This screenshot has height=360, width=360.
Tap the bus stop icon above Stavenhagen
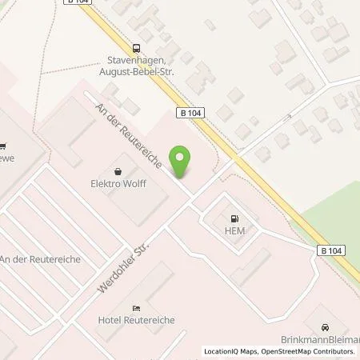pyautogui.click(x=137, y=48)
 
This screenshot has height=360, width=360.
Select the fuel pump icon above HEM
pyautogui.click(x=234, y=218)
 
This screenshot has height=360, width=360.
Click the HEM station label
pyautogui.click(x=234, y=232)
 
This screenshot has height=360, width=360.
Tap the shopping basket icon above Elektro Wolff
pyautogui.click(x=119, y=170)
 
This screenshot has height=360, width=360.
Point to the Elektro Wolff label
pyautogui.click(x=119, y=184)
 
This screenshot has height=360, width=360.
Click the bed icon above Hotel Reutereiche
pyautogui.click(x=136, y=307)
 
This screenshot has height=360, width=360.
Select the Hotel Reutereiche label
pyautogui.click(x=136, y=321)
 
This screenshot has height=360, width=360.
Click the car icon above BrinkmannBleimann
pyautogui.click(x=325, y=327)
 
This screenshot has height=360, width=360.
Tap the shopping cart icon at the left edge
pyautogui.click(x=3, y=146)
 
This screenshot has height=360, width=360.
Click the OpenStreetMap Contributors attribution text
pyautogui.click(x=311, y=351)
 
